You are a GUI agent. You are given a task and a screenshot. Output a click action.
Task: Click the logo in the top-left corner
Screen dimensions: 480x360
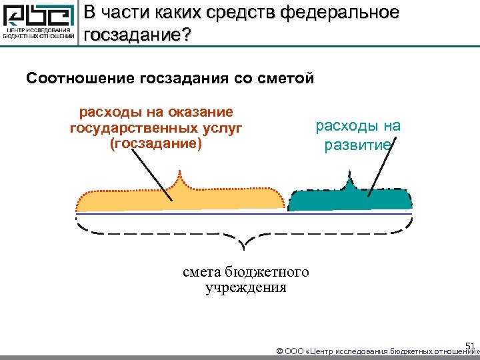[x=39, y=23]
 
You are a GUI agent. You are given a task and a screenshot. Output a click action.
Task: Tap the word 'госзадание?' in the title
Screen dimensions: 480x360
[x=137, y=34]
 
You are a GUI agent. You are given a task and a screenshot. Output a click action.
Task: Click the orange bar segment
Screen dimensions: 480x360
[x=180, y=201]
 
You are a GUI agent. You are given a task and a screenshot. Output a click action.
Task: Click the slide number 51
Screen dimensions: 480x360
[x=469, y=345]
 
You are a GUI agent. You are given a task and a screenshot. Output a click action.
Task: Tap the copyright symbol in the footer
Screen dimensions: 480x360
[x=279, y=351]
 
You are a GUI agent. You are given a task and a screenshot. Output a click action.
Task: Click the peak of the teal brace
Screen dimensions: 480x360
[x=349, y=174]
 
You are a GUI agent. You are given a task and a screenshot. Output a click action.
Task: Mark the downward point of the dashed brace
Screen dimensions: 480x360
[x=243, y=251]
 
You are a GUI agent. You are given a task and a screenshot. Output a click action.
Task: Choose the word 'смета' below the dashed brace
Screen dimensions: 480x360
[x=202, y=273]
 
